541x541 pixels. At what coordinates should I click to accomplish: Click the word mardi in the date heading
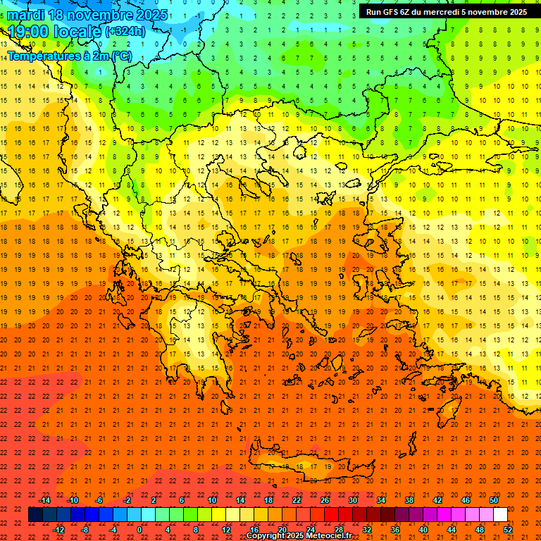(26, 15)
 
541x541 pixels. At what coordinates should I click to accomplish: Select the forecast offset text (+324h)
(125, 31)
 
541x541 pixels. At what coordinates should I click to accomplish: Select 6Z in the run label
(409, 12)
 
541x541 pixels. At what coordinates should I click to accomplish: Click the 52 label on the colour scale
(508, 530)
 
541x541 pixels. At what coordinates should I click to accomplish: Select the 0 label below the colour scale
(139, 530)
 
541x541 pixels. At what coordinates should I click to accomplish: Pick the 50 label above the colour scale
(494, 500)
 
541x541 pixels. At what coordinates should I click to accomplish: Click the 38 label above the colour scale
(409, 500)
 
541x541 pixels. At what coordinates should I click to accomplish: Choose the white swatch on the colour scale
(500, 515)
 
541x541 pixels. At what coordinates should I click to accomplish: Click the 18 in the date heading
(58, 15)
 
